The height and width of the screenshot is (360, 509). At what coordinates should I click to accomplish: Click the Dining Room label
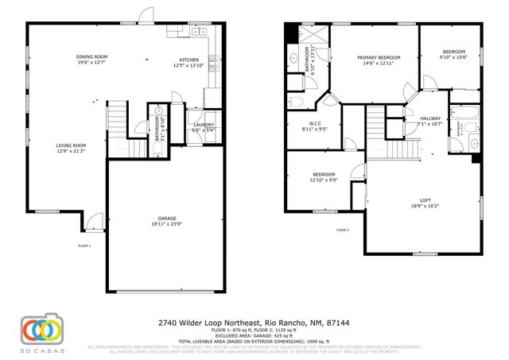pos(91,57)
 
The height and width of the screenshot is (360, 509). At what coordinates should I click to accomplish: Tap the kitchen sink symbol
pos(198,33)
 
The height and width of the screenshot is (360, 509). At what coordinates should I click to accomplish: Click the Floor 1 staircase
pos(117,119)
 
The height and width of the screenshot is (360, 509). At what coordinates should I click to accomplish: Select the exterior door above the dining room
pos(146,16)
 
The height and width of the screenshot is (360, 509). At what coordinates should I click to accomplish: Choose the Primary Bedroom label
pos(379,57)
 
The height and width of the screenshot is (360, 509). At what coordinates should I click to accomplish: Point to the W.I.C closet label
pos(314,123)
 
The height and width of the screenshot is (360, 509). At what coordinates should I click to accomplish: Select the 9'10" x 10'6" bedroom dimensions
pos(453,57)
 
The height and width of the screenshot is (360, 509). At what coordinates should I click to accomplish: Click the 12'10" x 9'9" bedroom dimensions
pos(324,180)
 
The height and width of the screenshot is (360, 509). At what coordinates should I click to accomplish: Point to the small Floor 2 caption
pos(343,230)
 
